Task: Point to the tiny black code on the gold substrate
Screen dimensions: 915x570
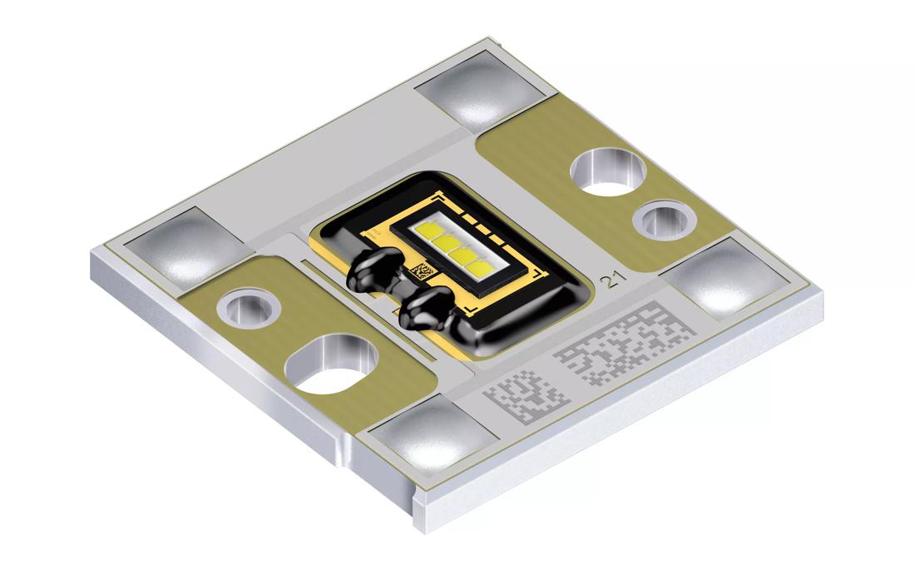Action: point(422,271)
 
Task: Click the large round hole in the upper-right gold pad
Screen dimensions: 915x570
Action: point(608,171)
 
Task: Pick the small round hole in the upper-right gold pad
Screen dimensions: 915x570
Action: point(665,221)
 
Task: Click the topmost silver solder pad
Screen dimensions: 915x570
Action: point(484,89)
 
